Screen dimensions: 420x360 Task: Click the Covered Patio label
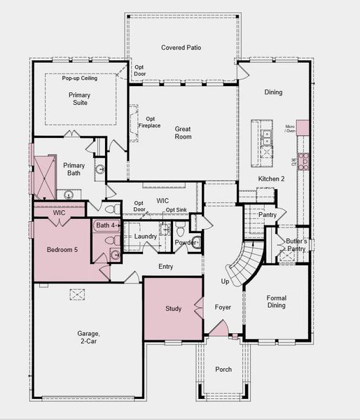tap(181, 48)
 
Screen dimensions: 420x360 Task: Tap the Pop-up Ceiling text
tap(79, 78)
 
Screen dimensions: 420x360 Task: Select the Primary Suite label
tap(79, 99)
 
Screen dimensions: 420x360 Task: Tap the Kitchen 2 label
tap(271, 179)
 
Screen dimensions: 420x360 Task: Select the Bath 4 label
tap(107, 225)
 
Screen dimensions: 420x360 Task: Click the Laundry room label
tap(146, 237)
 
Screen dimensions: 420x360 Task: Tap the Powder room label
tap(185, 243)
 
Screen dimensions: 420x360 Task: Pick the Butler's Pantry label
tap(296, 244)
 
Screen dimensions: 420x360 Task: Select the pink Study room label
tap(173, 308)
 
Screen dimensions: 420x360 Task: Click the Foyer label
tap(222, 307)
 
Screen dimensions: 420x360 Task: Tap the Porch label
tap(223, 369)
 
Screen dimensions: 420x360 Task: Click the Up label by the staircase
tap(225, 281)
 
